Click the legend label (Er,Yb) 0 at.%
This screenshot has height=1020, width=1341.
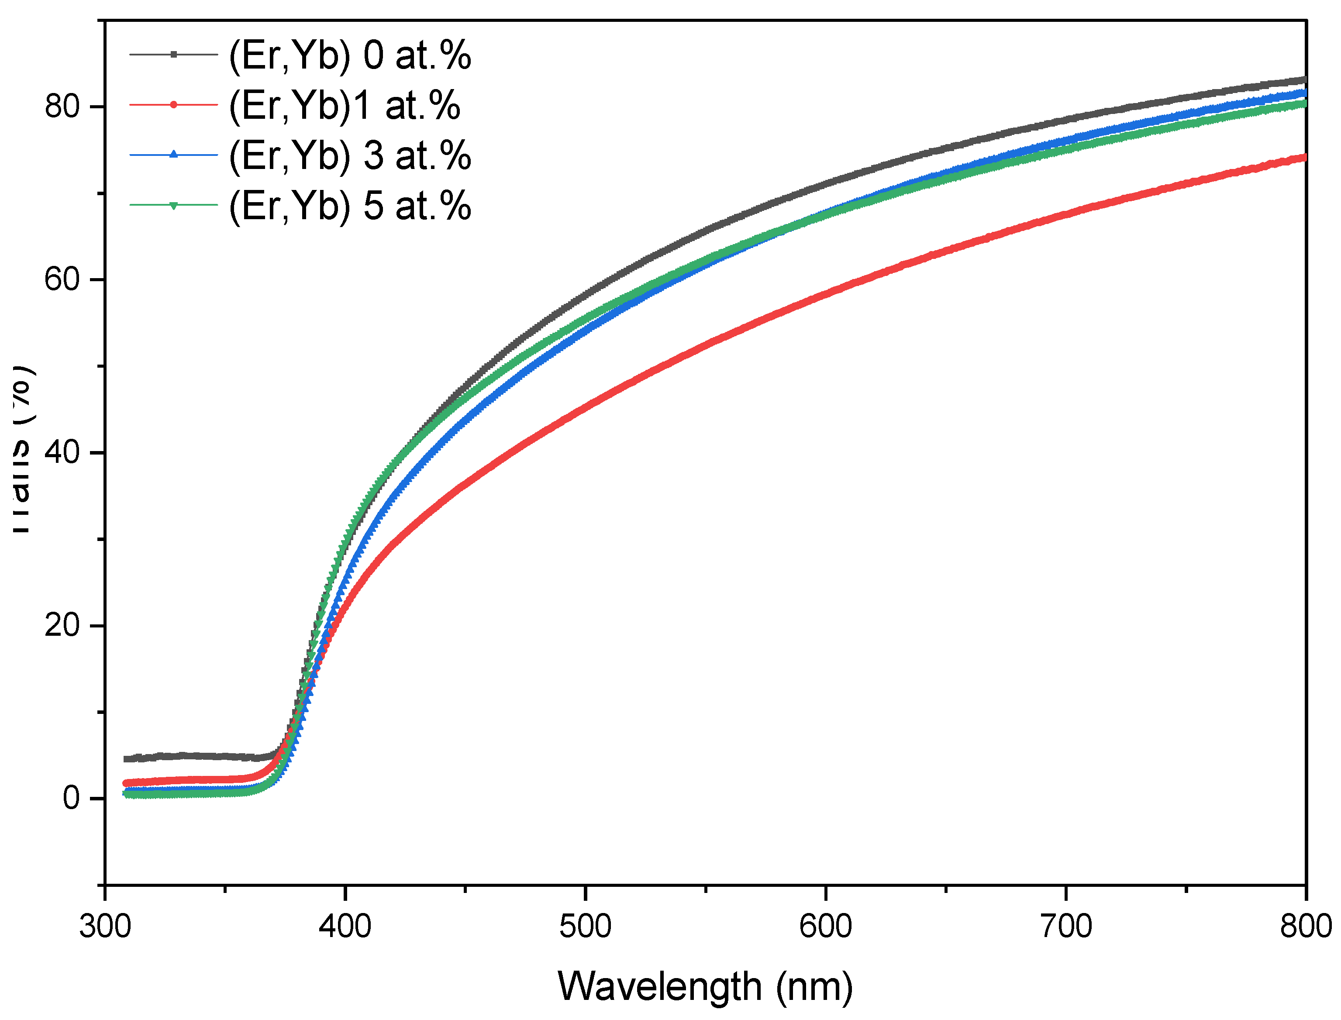tap(350, 55)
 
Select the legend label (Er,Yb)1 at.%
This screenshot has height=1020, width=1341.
tap(344, 106)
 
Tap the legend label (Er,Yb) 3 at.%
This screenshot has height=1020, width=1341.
tap(350, 156)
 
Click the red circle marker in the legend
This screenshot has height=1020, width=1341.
tap(174, 105)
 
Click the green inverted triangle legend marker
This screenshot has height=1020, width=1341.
tap(174, 206)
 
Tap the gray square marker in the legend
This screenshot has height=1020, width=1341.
tap(174, 55)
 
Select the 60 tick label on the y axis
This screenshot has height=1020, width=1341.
tap(62, 280)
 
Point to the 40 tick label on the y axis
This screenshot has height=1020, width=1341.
tap(62, 453)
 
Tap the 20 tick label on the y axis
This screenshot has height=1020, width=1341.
tap(62, 626)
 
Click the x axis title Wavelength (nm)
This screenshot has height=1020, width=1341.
tap(705, 987)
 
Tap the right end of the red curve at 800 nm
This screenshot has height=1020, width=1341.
tap(1304, 158)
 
